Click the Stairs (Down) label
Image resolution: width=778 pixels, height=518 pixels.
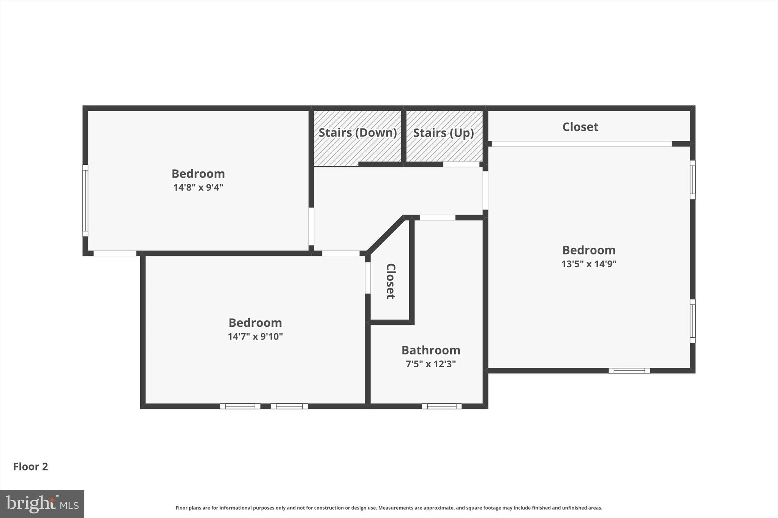point(357,132)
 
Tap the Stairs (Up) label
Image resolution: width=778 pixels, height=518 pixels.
point(443,133)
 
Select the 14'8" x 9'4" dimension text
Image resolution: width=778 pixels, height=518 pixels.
point(198,187)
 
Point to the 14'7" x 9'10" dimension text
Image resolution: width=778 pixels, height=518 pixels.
point(255,337)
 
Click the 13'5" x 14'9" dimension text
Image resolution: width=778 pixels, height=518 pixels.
point(589,264)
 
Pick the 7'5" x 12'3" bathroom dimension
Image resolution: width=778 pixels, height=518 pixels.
point(430,364)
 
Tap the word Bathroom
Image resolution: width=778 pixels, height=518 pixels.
point(431,350)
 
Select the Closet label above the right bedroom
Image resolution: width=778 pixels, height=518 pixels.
point(580,127)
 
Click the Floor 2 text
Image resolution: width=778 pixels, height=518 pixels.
point(31,466)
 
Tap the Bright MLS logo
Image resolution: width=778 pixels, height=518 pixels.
point(42,504)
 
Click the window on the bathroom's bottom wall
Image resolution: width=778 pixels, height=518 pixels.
point(441,406)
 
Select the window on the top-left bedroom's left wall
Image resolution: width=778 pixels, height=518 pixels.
point(85,200)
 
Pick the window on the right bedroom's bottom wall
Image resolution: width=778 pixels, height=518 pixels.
point(629,371)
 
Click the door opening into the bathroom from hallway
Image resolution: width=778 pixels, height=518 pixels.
point(437,218)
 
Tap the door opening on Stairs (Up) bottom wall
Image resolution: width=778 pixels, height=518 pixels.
point(461,165)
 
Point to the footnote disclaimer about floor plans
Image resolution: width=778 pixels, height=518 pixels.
point(389,508)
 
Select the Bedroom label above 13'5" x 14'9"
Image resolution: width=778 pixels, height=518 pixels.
point(589,250)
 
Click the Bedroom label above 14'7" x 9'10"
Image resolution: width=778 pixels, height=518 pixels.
point(255,323)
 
